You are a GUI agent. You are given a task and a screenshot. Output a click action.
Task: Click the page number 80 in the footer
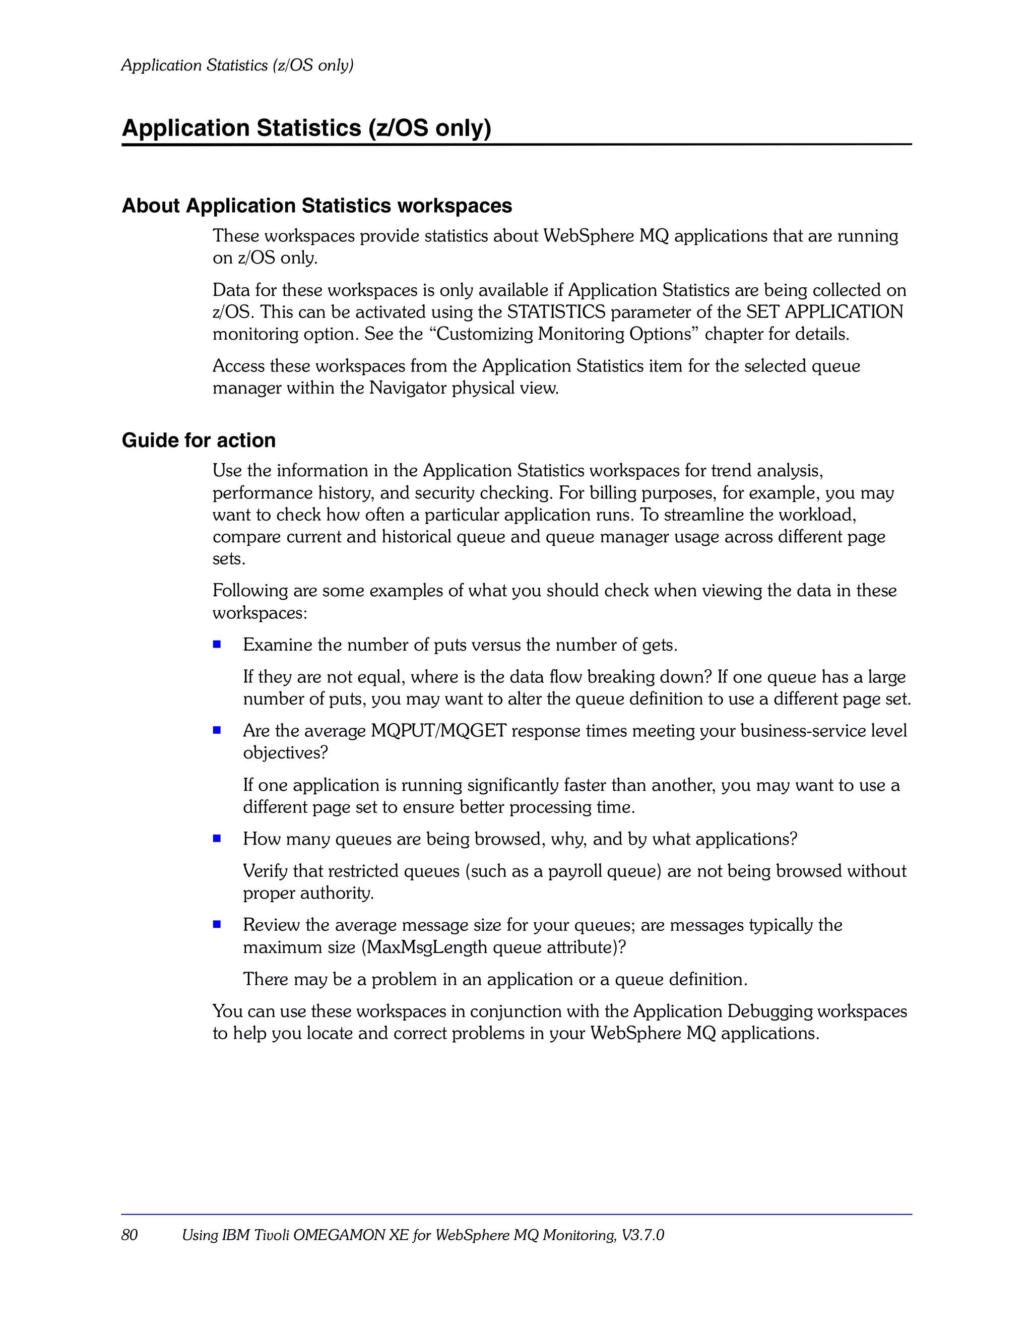[130, 1235]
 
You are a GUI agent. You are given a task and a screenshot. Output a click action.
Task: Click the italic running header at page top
[237, 65]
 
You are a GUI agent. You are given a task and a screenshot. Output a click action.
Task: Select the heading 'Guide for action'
[199, 440]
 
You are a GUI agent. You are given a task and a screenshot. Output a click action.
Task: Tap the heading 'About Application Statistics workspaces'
[317, 206]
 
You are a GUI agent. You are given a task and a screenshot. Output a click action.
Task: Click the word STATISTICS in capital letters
[556, 312]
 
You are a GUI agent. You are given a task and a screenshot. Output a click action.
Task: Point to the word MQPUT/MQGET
[438, 731]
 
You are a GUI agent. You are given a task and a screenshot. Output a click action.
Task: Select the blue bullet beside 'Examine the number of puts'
[217, 644]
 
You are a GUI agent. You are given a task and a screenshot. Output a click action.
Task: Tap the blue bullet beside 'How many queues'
[217, 838]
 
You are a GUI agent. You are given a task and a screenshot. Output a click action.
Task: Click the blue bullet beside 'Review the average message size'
[217, 924]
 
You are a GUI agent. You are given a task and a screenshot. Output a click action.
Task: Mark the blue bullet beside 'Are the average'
[217, 730]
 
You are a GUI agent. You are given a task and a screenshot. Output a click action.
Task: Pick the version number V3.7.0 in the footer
[642, 1235]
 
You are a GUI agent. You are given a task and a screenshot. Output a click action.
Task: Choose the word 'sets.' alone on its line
[229, 559]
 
